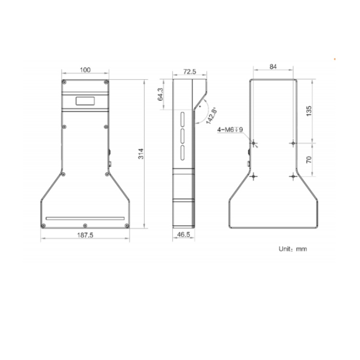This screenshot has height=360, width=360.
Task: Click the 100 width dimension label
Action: [x=85, y=70]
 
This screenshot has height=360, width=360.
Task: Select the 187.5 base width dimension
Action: [x=85, y=235]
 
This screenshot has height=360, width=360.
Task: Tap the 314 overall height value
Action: [x=141, y=154]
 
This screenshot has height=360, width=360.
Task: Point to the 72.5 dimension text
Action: [x=190, y=72]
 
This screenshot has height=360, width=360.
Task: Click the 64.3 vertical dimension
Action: [x=160, y=94]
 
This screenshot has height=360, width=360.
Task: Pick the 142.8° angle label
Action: [x=211, y=116]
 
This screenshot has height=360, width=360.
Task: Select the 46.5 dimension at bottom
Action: [x=184, y=235]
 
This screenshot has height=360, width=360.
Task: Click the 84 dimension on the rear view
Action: [x=273, y=67]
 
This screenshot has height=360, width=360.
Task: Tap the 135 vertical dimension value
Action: [x=309, y=111]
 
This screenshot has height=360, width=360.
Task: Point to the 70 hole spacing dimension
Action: [x=309, y=159]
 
